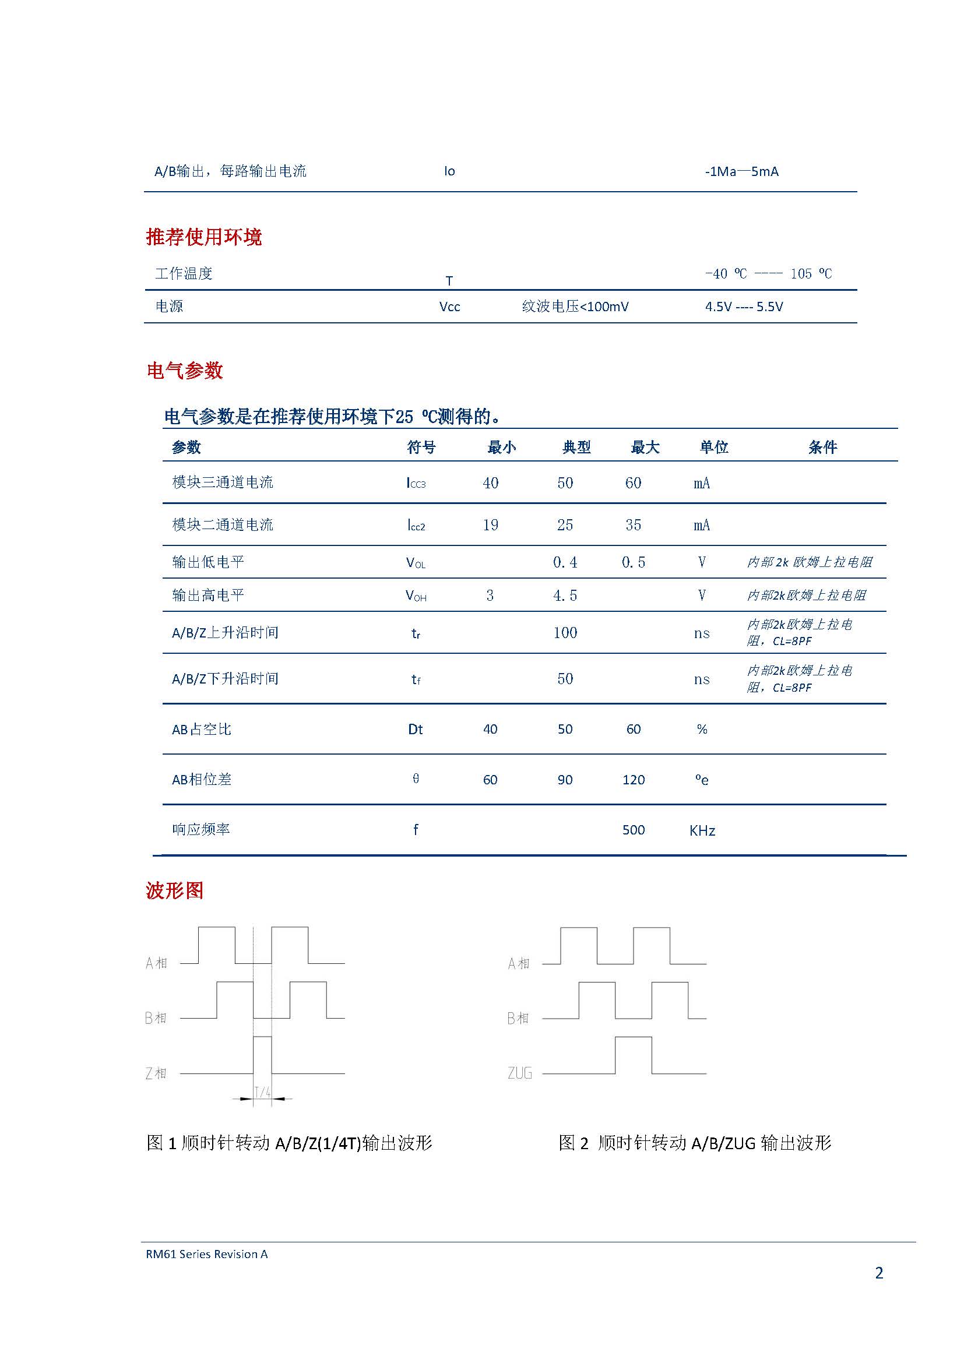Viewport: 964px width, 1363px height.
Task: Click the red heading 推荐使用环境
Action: [x=203, y=237]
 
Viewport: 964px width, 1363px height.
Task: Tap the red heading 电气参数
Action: [x=185, y=371]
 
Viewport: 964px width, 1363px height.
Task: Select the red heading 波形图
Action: [x=174, y=890]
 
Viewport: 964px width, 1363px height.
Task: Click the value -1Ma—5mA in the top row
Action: [x=741, y=171]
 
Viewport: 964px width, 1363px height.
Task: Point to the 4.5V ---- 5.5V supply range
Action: [x=744, y=307]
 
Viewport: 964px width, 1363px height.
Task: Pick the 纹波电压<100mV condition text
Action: [x=575, y=307]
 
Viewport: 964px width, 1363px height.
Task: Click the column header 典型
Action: [x=576, y=447]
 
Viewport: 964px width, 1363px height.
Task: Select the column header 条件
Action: [x=822, y=447]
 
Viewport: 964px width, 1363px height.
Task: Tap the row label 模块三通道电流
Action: [x=223, y=482]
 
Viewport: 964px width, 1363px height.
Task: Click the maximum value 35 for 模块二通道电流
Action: [x=633, y=525]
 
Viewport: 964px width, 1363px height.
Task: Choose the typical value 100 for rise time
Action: [x=565, y=632]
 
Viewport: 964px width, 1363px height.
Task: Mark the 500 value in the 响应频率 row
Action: [x=634, y=830]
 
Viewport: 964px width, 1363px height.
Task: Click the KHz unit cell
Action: [x=702, y=830]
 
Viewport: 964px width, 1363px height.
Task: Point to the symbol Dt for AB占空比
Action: [x=416, y=729]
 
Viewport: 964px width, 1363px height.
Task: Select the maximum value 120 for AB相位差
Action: [x=634, y=780]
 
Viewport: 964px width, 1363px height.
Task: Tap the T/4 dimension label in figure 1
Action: [x=262, y=1091]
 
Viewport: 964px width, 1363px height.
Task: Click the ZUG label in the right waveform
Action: [x=519, y=1073]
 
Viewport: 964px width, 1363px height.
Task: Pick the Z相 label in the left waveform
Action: [x=156, y=1073]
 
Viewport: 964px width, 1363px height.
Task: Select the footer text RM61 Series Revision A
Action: [x=206, y=1254]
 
